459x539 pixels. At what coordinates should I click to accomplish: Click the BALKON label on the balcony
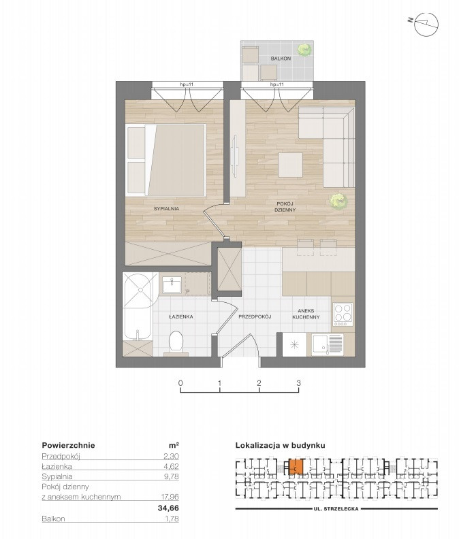(281, 59)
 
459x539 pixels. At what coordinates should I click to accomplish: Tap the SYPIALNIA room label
(167, 208)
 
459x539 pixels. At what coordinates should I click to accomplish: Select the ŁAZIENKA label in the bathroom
(181, 316)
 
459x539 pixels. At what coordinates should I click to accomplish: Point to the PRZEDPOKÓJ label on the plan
(255, 316)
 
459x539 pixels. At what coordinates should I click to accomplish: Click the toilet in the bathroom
(176, 343)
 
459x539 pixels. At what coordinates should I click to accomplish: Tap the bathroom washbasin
(172, 285)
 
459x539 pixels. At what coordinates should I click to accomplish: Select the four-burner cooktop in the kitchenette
(343, 314)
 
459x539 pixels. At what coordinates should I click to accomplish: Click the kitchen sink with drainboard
(328, 345)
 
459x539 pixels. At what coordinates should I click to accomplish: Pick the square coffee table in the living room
(290, 165)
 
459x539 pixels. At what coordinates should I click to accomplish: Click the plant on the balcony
(304, 50)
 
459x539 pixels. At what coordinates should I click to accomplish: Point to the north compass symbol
(426, 24)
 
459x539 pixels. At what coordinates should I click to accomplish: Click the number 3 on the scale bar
(299, 382)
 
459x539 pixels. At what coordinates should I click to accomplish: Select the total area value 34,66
(168, 508)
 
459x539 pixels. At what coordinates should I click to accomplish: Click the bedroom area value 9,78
(172, 476)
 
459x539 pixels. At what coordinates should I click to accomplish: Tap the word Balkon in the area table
(53, 519)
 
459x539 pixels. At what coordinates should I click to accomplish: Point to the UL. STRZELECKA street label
(336, 509)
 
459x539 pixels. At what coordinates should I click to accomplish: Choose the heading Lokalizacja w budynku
(280, 446)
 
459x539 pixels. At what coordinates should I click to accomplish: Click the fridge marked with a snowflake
(294, 345)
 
